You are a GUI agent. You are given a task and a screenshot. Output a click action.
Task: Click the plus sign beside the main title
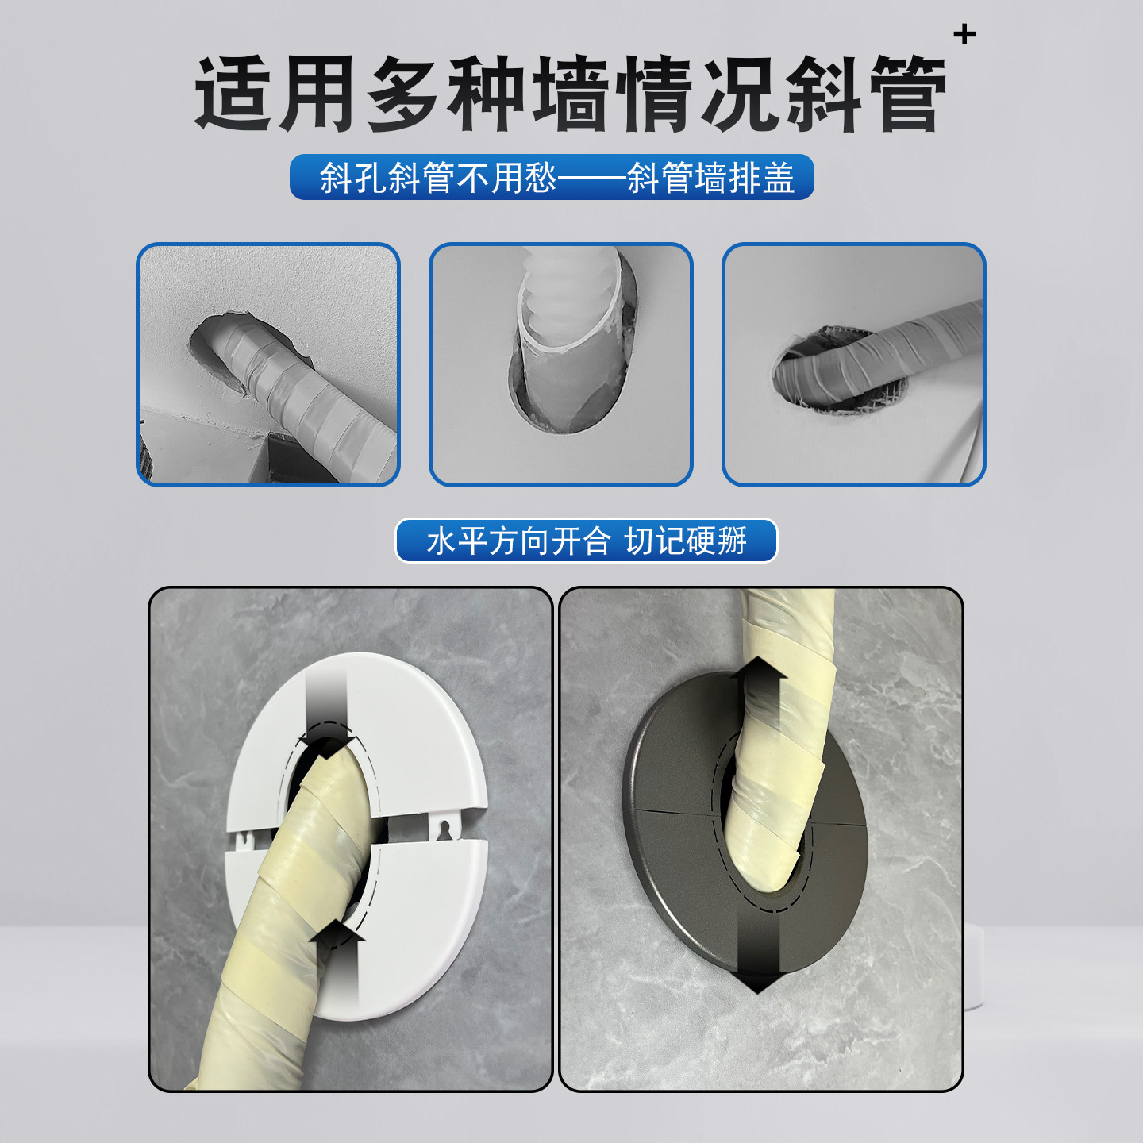click(x=964, y=34)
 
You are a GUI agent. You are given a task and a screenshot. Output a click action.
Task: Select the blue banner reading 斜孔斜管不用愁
click(x=552, y=177)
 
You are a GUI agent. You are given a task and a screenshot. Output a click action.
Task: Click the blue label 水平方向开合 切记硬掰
click(x=586, y=541)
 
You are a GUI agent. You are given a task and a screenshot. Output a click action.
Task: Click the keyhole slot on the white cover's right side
click(x=444, y=829)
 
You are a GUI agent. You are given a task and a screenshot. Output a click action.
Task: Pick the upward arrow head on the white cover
click(x=336, y=933)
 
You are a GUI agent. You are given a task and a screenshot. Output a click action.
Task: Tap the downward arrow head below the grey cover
click(x=757, y=981)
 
